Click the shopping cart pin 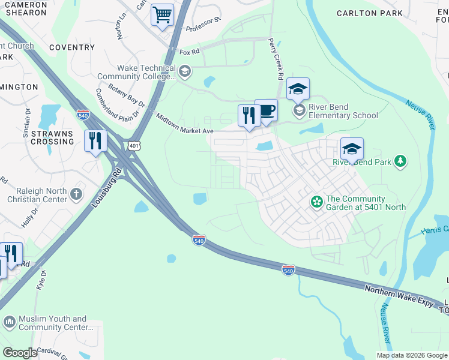162,15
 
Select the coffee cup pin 266,110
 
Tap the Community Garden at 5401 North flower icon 316,203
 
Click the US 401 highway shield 133,145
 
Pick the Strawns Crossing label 52,137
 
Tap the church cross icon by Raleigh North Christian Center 75,194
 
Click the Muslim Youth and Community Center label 52,323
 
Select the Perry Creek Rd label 276,60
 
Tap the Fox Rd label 189,53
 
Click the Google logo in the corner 20,353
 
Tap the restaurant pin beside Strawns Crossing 95,141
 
